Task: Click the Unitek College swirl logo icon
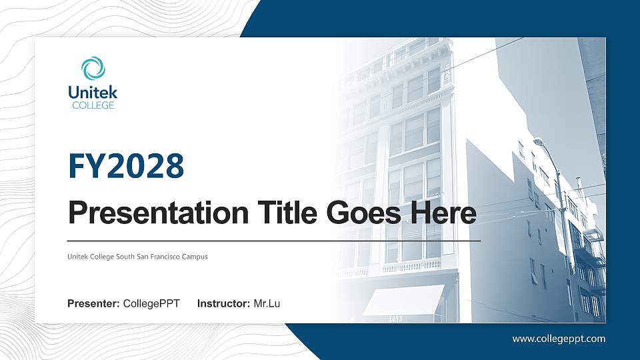[x=93, y=69]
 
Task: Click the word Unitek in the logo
[x=93, y=93]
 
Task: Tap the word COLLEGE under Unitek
[x=93, y=105]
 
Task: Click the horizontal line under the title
[x=274, y=240]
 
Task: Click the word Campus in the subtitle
[x=195, y=257]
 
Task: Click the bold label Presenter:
[x=93, y=304]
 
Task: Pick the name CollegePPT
[x=151, y=304]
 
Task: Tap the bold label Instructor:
[x=224, y=304]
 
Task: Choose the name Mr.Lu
[x=267, y=304]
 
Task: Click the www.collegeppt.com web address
[x=559, y=339]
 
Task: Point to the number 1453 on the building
[x=395, y=319]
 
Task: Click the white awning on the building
[x=403, y=299]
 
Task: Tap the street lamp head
[x=539, y=142]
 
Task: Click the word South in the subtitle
[x=123, y=257]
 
